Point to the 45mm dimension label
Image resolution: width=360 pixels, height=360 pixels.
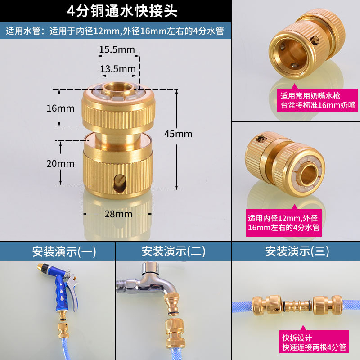coord(178,134)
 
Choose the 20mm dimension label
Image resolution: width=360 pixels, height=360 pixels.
coord(60,163)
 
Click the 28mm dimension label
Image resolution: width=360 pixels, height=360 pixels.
coord(118,214)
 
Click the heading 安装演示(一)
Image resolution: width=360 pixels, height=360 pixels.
coord(58,251)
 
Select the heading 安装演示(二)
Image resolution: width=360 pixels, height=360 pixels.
coord(174,251)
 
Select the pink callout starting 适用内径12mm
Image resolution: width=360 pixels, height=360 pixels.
coord(283,223)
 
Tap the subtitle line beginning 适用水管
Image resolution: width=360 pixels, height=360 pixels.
coord(115,31)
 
